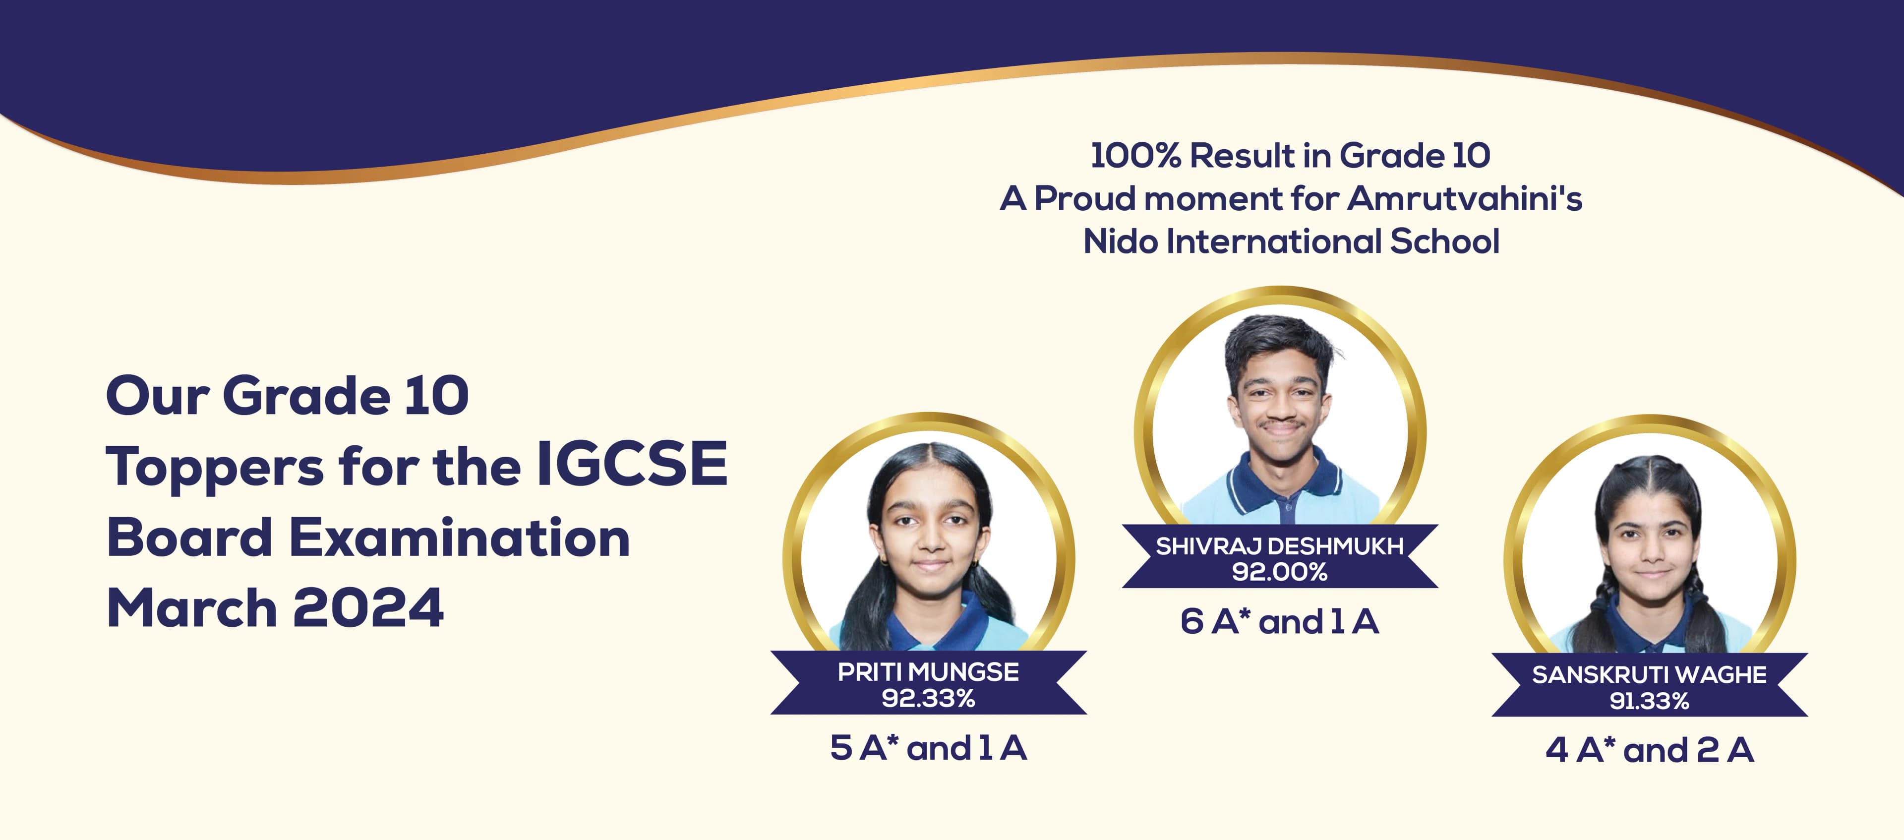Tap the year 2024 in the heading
(x=368, y=608)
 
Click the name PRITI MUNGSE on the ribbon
(x=928, y=672)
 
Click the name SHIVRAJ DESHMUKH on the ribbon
(x=1279, y=546)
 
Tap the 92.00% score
(x=1279, y=572)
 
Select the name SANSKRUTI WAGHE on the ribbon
(x=1649, y=675)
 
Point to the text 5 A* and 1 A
(x=928, y=748)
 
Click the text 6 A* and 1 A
(x=1279, y=622)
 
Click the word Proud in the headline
(x=1084, y=198)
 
